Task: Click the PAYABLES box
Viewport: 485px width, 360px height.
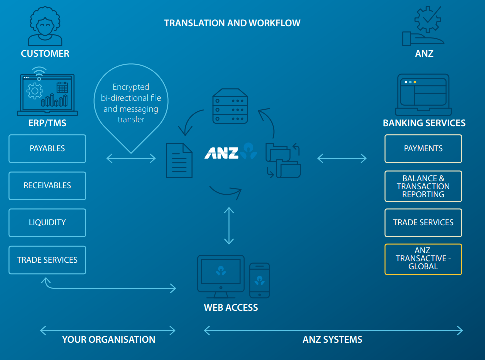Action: pyautogui.click(x=47, y=149)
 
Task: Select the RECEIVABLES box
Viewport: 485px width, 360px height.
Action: pyautogui.click(x=47, y=186)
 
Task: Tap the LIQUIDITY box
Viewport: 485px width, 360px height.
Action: pyautogui.click(x=47, y=223)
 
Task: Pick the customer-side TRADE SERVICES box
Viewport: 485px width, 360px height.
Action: pyautogui.click(x=47, y=260)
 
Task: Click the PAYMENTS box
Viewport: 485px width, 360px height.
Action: pyautogui.click(x=423, y=149)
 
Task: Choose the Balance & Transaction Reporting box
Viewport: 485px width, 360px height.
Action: pyautogui.click(x=423, y=186)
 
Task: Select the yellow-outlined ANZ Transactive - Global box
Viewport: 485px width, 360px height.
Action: pyautogui.click(x=423, y=259)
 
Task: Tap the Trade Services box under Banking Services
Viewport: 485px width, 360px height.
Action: pyautogui.click(x=423, y=223)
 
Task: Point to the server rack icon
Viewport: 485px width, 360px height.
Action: pyautogui.click(x=230, y=106)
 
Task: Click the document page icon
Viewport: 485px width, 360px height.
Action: pyautogui.click(x=179, y=160)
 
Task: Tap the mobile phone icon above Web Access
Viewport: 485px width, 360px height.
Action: pyautogui.click(x=259, y=280)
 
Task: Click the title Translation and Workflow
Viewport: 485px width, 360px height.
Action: pyautogui.click(x=232, y=23)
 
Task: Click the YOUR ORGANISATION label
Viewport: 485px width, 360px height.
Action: pyautogui.click(x=108, y=340)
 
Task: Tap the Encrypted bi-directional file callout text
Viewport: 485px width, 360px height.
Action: pyautogui.click(x=131, y=104)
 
